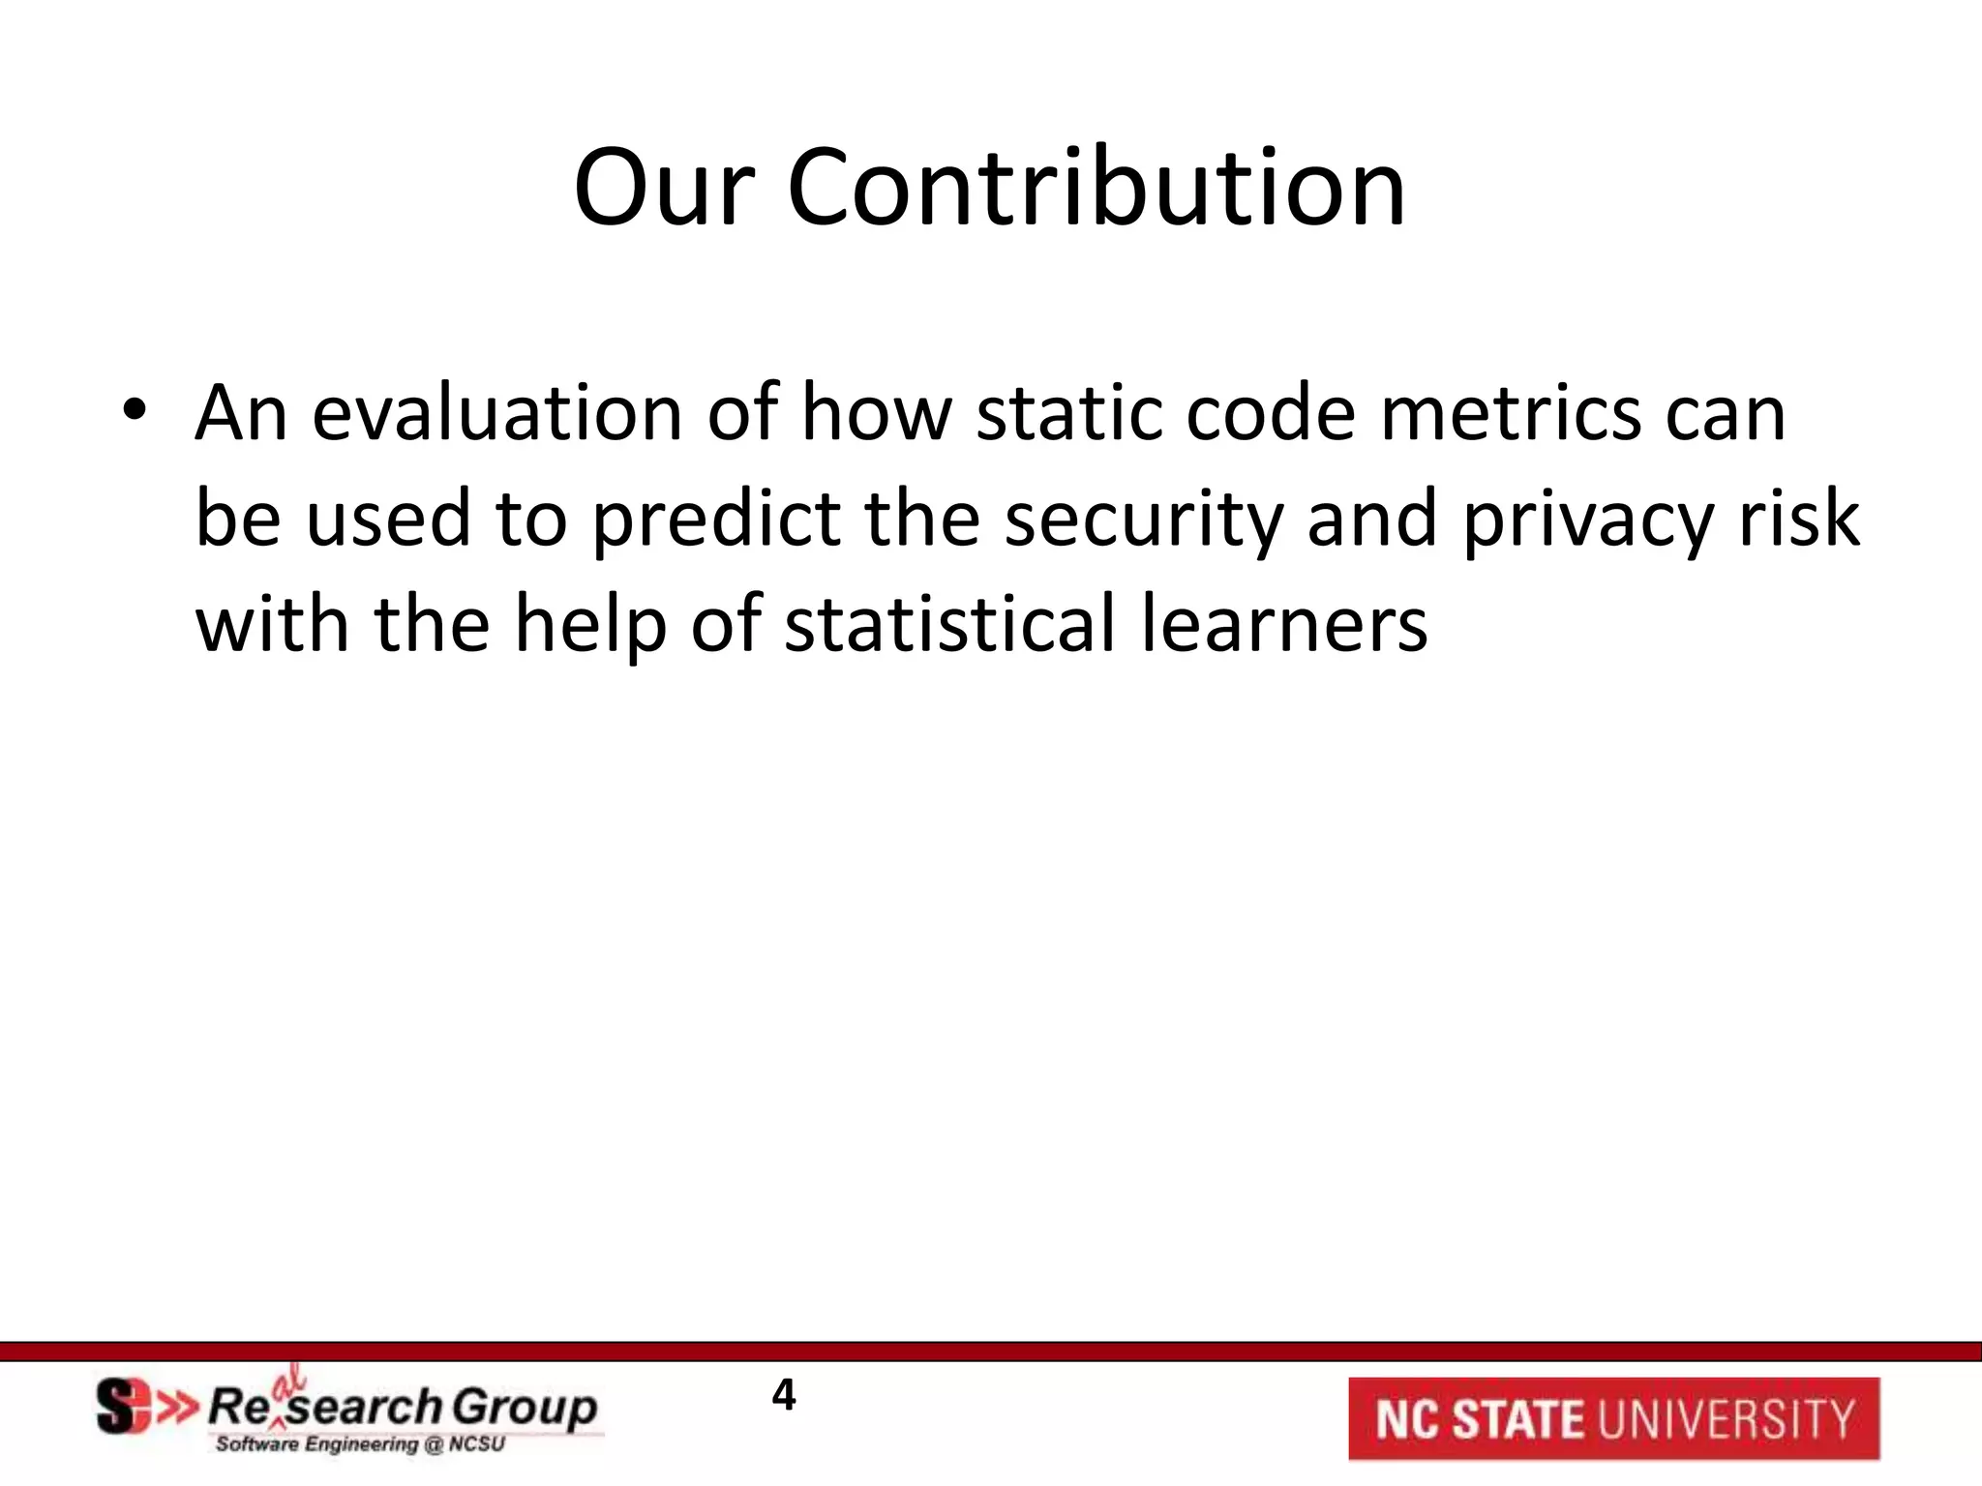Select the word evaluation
pos(496,413)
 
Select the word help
pos(590,625)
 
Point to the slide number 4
pos(783,1395)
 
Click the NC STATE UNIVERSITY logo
pos(1613,1418)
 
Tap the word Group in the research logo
pos(524,1408)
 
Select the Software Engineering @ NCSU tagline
pos(360,1444)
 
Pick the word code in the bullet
pos(1270,413)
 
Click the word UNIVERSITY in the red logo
pos(1726,1419)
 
